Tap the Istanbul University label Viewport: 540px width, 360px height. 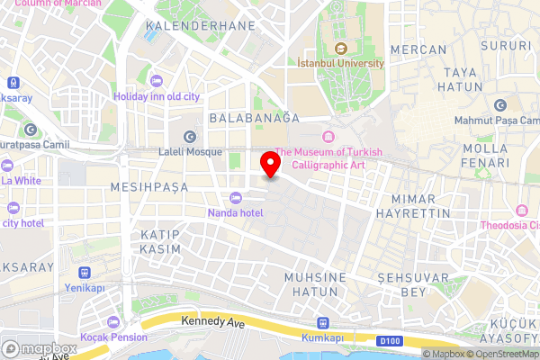coord(341,63)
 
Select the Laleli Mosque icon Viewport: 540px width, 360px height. coord(189,137)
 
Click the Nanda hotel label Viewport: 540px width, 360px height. coord(235,212)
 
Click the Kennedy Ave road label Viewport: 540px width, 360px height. coord(213,320)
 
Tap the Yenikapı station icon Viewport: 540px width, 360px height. coord(85,273)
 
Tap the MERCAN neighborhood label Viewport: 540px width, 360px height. coord(420,49)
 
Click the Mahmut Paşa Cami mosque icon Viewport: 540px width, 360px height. coord(487,103)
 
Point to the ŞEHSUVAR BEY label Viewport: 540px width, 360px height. coord(413,284)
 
